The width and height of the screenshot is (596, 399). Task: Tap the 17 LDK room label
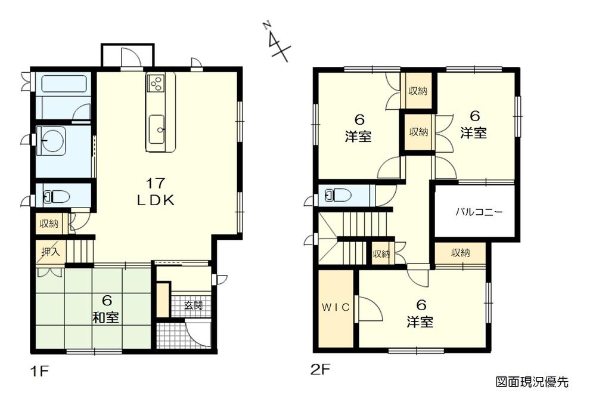[156, 191]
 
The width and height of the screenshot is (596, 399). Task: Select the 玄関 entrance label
[193, 306]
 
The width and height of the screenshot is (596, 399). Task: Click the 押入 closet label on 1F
[50, 252]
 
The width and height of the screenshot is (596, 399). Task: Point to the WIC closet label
[336, 308]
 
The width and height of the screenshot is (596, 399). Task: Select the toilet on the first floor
[57, 196]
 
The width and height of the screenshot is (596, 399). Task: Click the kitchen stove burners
[156, 83]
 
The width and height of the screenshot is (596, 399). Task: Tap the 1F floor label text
[38, 370]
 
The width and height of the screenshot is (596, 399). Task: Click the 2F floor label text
[321, 370]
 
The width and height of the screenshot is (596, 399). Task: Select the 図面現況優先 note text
[532, 381]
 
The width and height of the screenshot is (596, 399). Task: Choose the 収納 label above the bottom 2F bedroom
[460, 253]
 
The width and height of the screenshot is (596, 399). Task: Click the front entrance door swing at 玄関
[197, 333]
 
